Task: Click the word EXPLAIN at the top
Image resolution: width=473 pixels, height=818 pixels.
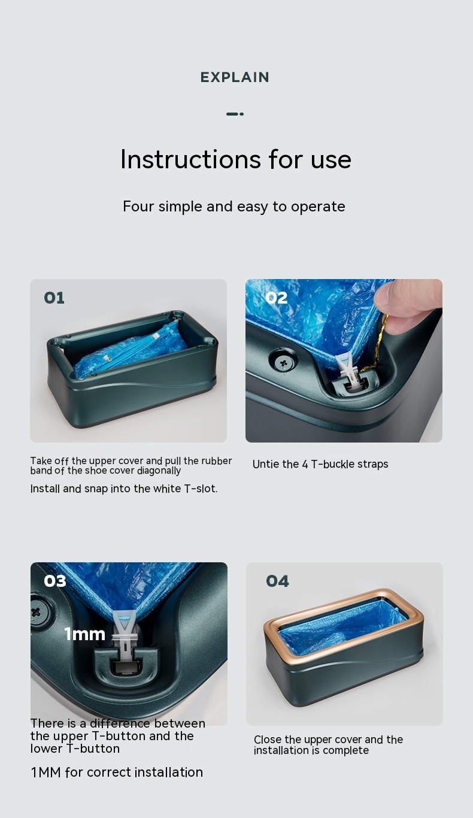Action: pos(235,77)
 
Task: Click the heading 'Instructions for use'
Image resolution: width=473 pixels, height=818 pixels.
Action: pos(236,159)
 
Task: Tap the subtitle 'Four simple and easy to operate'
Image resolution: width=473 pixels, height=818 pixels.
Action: pos(234,207)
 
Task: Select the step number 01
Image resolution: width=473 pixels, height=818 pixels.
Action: pos(54,298)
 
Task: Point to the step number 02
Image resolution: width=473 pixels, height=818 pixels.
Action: pos(277,298)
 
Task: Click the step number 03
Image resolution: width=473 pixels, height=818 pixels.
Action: pos(55,581)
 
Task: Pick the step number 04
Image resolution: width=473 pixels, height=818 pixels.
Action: pos(278,581)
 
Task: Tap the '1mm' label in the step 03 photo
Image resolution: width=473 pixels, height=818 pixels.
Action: pos(85,634)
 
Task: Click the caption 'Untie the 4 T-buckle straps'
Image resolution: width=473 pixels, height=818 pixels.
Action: pos(320,464)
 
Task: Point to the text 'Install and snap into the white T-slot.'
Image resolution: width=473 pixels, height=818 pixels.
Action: pos(124,489)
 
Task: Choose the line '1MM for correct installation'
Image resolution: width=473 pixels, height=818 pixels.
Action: pos(117,772)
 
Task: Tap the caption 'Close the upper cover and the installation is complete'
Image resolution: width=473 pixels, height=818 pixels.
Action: pos(328,745)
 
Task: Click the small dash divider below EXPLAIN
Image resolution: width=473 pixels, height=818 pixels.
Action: pos(235,114)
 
